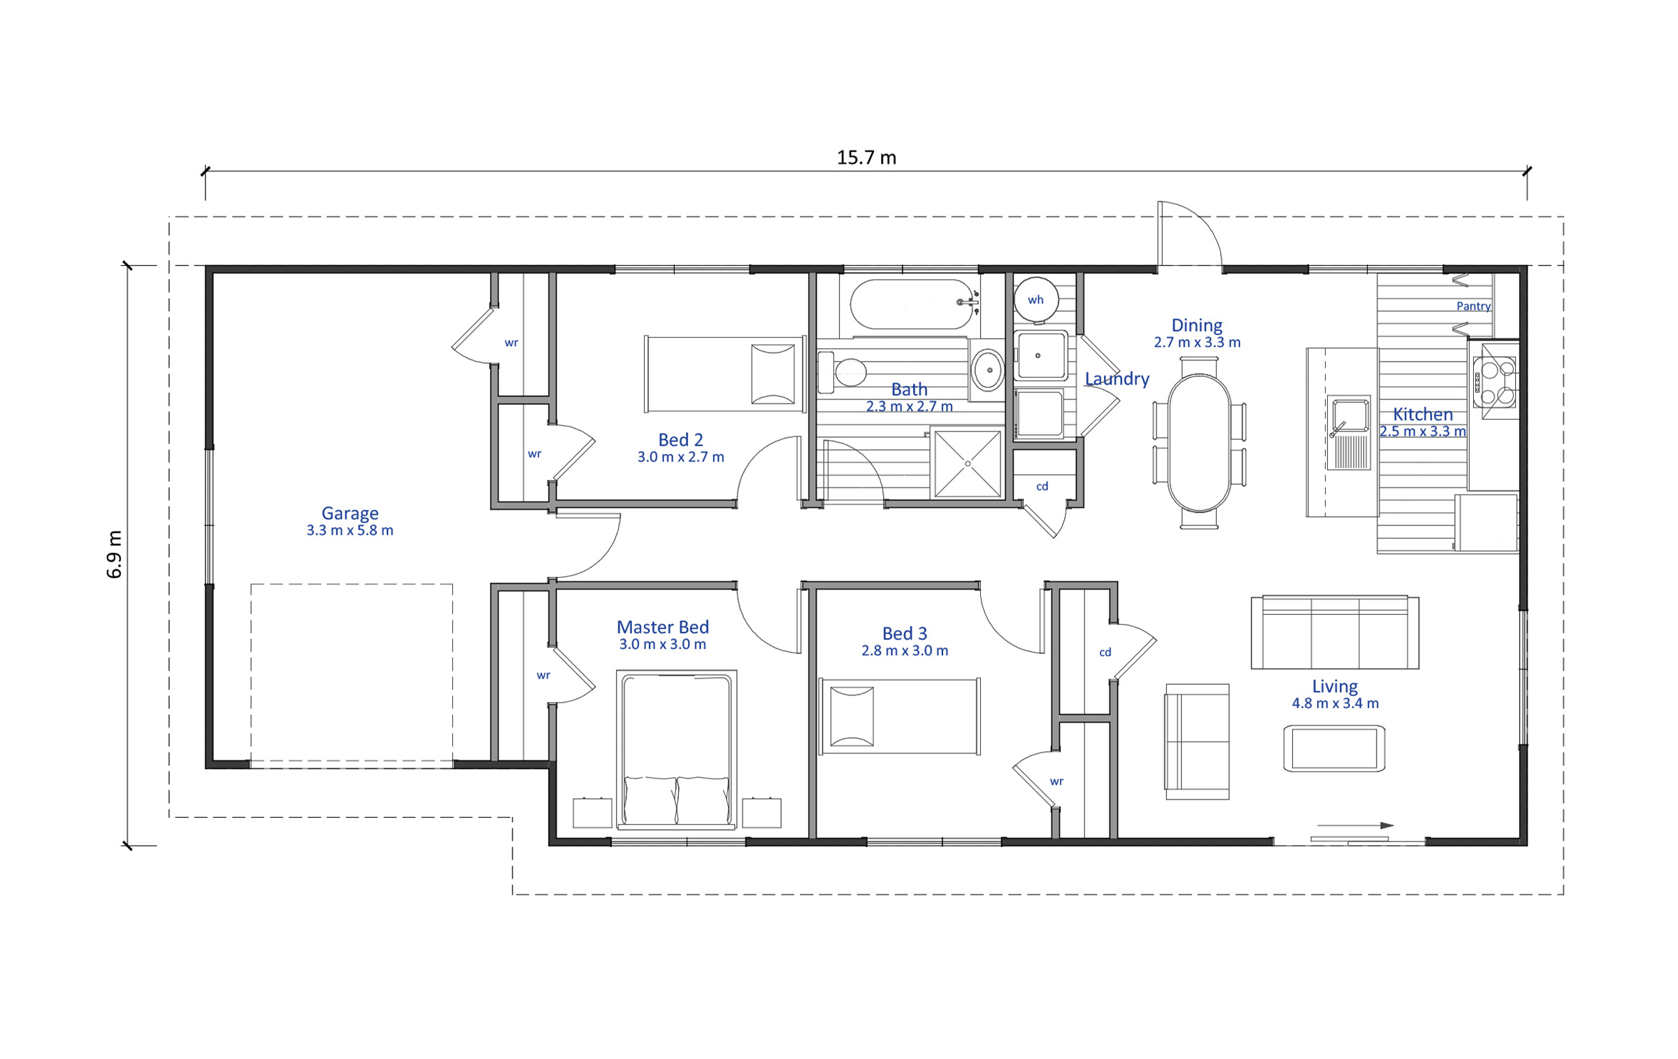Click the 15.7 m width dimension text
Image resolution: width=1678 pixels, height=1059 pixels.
tap(866, 157)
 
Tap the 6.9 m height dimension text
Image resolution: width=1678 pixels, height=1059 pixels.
tap(115, 554)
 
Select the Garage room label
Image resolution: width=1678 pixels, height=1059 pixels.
tap(350, 513)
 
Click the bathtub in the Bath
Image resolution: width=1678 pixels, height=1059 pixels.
tap(911, 304)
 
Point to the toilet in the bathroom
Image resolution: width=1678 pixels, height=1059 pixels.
tap(842, 372)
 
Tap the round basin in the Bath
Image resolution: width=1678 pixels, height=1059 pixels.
tap(989, 370)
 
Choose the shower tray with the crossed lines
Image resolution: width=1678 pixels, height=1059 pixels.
tap(968, 464)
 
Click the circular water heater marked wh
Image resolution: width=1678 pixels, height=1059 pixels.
tap(1035, 299)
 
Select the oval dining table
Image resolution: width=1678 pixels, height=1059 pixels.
tap(1198, 443)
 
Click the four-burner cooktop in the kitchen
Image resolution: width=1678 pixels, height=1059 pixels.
tap(1495, 381)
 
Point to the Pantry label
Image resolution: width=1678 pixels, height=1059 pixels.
tap(1473, 306)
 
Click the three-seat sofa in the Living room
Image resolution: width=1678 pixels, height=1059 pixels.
tap(1334, 632)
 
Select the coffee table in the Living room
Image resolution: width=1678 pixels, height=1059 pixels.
tap(1334, 749)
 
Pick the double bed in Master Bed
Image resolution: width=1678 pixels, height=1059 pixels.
tap(676, 749)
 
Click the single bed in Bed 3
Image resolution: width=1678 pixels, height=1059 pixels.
tap(900, 716)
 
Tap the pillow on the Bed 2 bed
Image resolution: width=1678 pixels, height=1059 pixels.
tap(773, 374)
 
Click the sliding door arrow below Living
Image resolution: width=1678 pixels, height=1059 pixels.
tap(1355, 825)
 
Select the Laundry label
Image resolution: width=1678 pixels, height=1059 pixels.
tap(1117, 378)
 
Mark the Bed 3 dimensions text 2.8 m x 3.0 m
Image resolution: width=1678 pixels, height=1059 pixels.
tap(905, 651)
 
